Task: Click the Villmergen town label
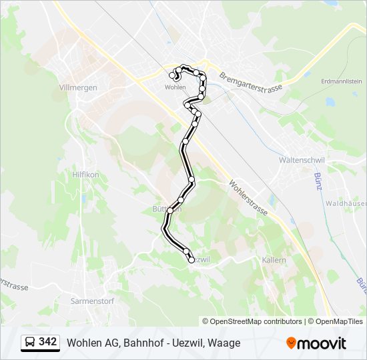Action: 78,88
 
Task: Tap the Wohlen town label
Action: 175,87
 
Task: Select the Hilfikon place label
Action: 85,174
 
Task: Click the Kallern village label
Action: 274,260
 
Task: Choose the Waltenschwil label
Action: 301,161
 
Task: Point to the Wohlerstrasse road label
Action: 248,197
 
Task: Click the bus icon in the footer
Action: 30,343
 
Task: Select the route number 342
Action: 48,342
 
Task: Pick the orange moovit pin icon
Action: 291,343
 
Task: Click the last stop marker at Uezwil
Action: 192,260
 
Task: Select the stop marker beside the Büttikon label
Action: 170,211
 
